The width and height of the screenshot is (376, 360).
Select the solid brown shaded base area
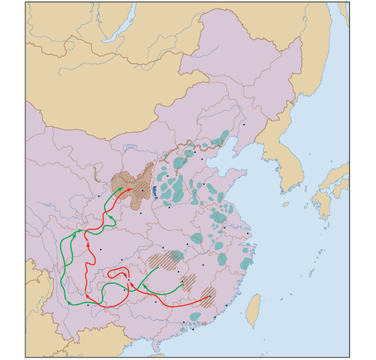click(136, 184)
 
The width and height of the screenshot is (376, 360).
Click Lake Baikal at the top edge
click(121, 19)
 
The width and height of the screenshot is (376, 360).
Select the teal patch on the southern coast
click(194, 317)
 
